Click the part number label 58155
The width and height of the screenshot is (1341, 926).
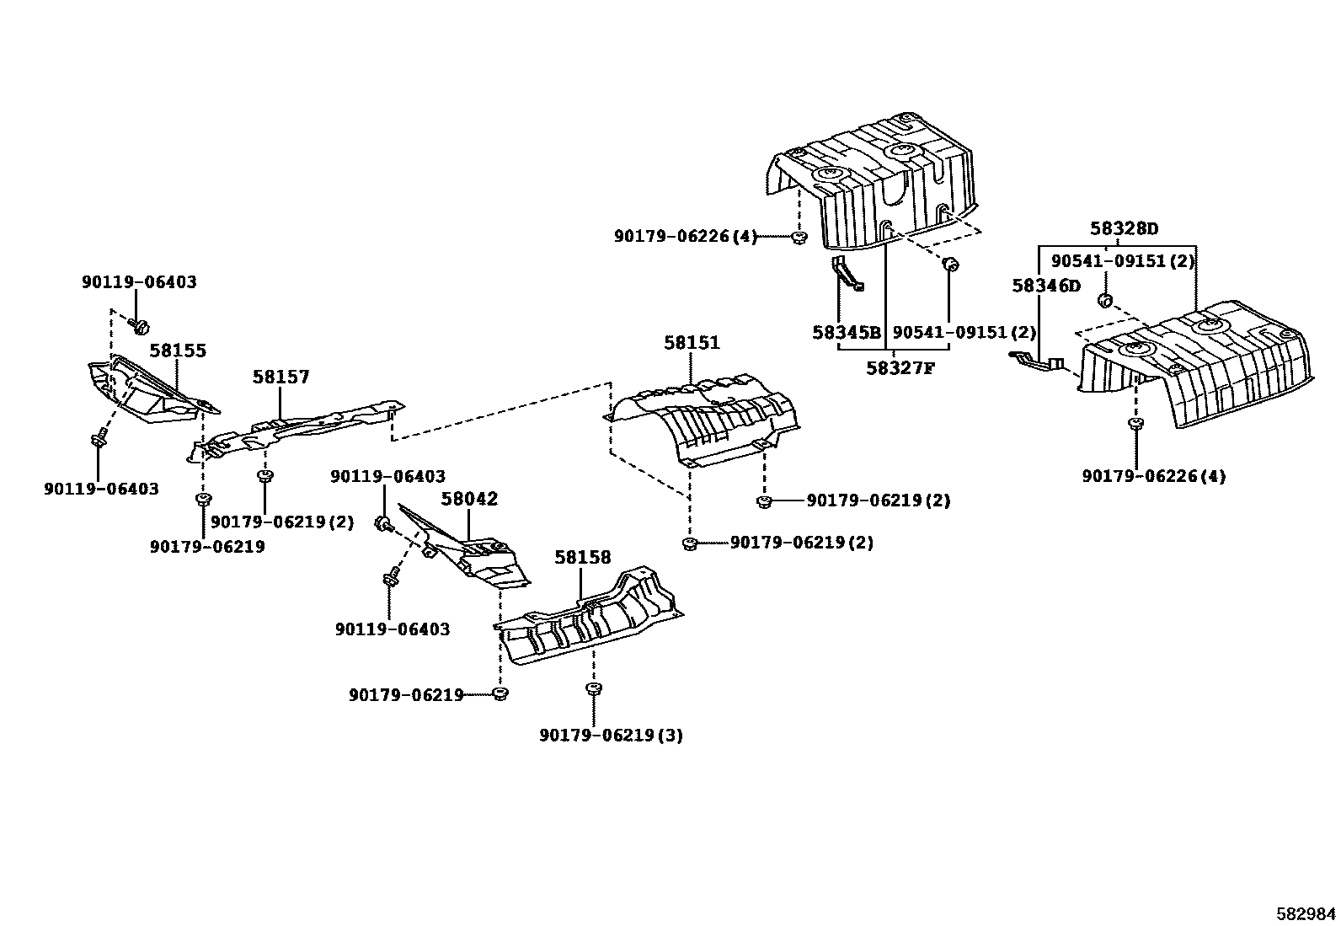pos(178,351)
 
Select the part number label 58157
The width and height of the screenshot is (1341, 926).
pos(280,377)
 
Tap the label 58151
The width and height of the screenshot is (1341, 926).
pos(692,343)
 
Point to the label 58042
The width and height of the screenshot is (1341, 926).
pos(469,499)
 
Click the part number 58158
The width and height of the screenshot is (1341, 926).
pos(582,558)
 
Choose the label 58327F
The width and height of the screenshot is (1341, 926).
pos(900,367)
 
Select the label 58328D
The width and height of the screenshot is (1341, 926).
pos(1124,228)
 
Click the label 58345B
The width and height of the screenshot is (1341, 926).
pos(846,333)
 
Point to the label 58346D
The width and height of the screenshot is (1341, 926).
pos(1045,286)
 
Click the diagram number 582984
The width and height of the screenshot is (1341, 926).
pos(1305,913)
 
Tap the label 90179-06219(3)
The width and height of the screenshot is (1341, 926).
pos(611,736)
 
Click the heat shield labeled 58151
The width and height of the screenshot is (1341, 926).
pos(703,421)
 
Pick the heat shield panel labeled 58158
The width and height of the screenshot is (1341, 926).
pos(590,624)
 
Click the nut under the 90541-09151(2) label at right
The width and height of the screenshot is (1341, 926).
pos(1107,299)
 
